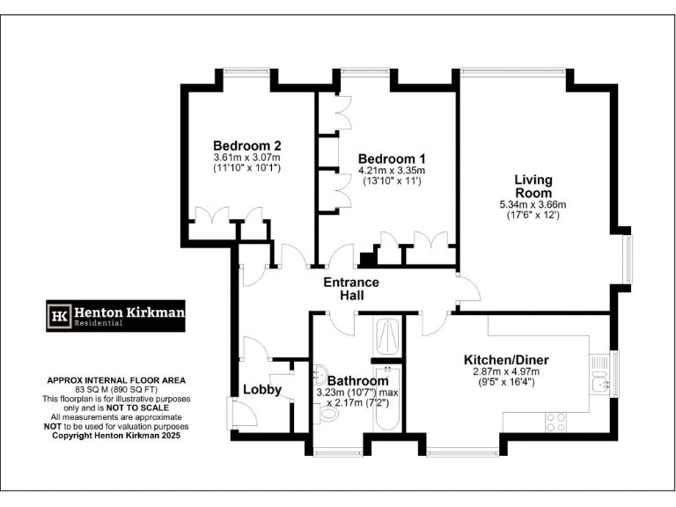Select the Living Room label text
(533, 187)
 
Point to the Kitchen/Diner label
(506, 359)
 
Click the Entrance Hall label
(351, 289)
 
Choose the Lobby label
(261, 389)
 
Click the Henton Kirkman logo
(116, 315)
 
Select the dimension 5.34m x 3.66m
(533, 204)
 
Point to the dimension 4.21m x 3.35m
(392, 171)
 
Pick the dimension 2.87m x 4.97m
(506, 371)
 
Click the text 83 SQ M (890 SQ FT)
(116, 389)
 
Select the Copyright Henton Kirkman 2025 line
(116, 435)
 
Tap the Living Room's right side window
(627, 256)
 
